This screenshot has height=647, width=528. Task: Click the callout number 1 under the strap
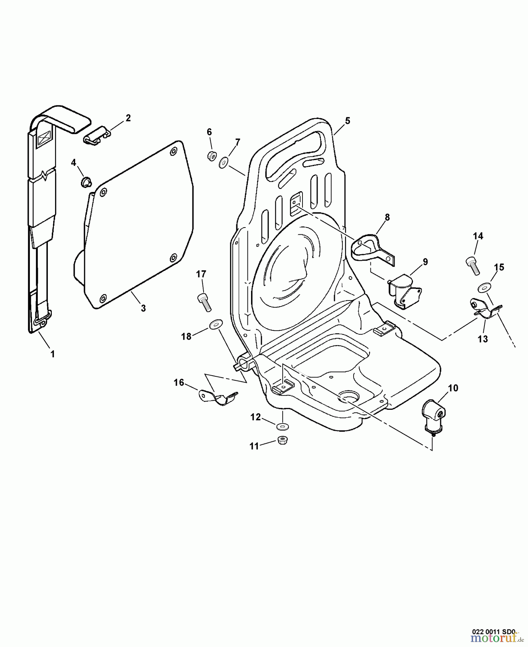point(53,354)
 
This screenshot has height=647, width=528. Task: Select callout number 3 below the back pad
point(143,308)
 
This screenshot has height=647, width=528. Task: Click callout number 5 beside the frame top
point(347,121)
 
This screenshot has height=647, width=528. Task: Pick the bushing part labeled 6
point(211,156)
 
